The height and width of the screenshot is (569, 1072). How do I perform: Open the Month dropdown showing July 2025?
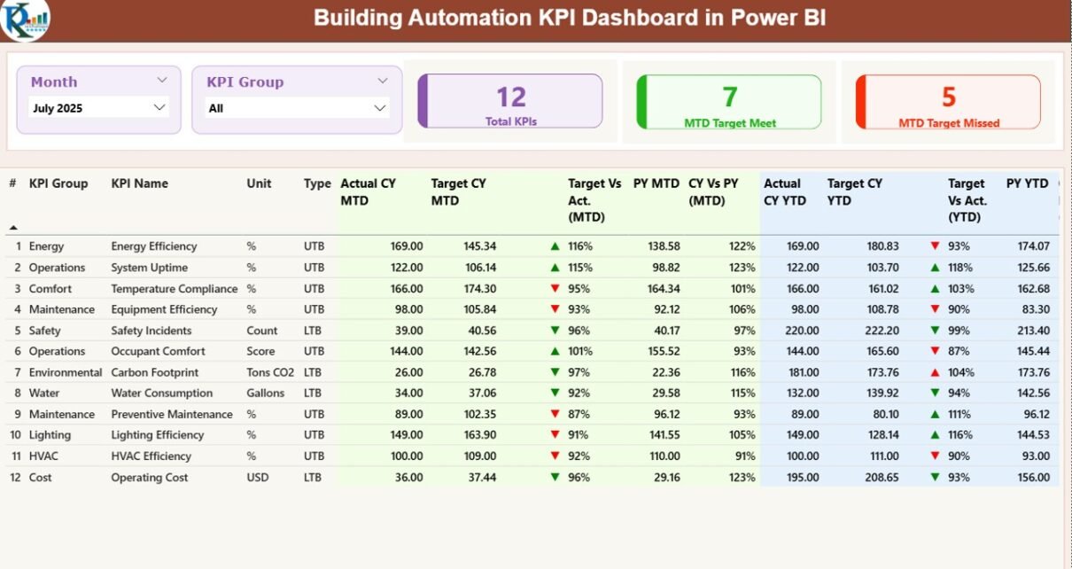(98, 108)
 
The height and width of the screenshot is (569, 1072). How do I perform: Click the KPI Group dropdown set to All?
(296, 108)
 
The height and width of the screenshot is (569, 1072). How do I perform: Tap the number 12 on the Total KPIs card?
(511, 97)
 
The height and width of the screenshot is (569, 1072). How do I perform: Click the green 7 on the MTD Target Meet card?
(730, 97)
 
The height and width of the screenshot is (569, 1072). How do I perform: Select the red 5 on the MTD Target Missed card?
(949, 97)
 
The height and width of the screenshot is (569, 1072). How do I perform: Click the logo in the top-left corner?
(24, 20)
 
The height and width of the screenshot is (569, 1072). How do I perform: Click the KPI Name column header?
(139, 183)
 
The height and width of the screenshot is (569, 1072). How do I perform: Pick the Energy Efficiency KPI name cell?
(154, 246)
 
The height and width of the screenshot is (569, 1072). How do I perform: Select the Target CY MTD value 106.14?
(479, 268)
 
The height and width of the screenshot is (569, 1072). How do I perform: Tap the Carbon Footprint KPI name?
(155, 372)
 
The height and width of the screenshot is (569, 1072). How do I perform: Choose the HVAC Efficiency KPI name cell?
(151, 456)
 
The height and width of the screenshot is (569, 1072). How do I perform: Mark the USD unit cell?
(258, 478)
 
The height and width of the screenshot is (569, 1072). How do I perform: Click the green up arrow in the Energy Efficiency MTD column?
(555, 246)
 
